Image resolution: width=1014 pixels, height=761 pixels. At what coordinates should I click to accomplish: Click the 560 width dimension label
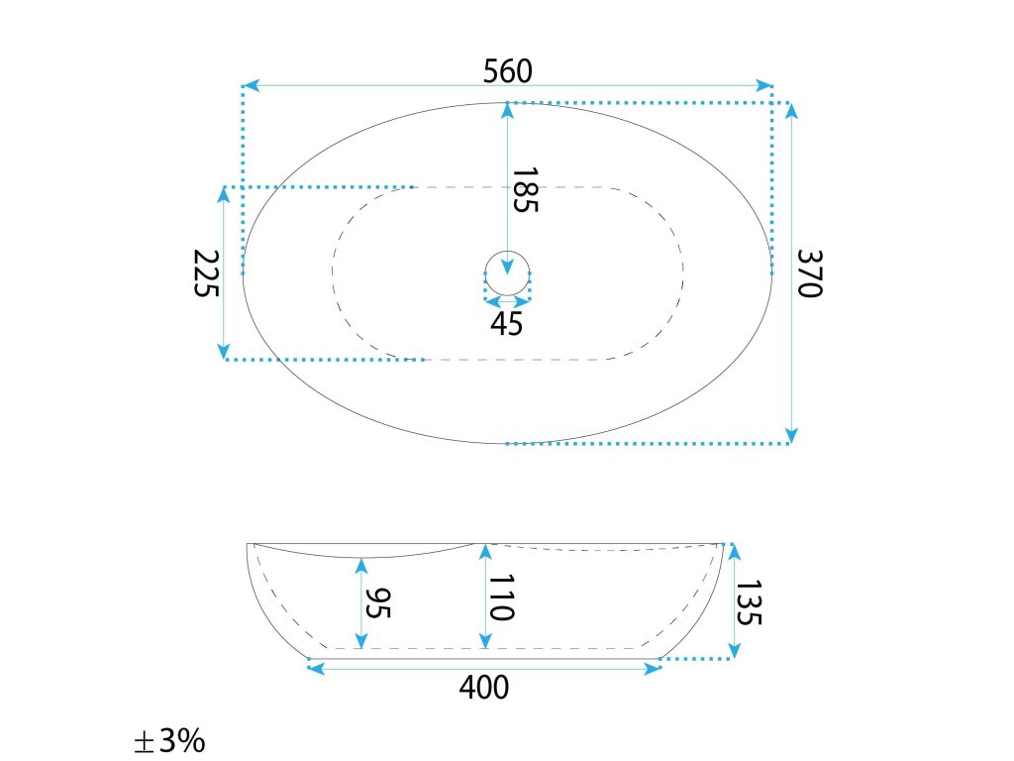508,71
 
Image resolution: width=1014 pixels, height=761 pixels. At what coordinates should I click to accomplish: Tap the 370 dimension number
809,273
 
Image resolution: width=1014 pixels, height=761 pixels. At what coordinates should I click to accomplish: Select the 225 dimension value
206,273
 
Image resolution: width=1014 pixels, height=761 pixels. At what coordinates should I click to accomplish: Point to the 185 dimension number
525,189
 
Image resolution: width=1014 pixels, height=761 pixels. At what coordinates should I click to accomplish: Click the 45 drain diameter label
506,324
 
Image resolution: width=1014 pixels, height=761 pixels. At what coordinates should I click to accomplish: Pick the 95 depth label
377,603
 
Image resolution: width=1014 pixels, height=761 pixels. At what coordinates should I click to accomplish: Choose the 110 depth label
501,598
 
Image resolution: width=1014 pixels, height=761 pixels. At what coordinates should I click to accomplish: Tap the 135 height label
749,602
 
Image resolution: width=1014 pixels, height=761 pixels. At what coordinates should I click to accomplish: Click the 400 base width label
484,688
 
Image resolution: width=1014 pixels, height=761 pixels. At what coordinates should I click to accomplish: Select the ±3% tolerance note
169,740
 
